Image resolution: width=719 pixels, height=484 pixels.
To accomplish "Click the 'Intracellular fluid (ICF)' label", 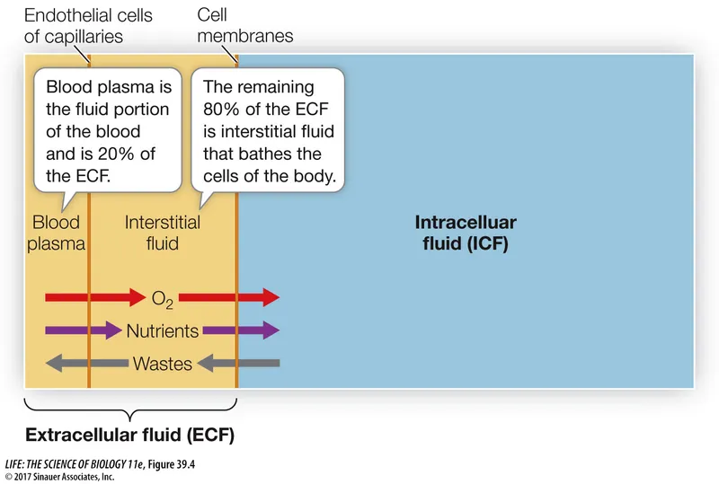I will point(466,233).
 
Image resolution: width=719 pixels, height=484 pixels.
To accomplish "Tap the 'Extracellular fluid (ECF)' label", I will point(130,436).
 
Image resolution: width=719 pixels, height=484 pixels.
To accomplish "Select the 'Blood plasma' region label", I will point(57,233).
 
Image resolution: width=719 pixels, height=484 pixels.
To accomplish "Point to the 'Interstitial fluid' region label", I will point(163,233).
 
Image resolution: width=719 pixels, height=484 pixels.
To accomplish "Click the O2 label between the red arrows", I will point(163,297).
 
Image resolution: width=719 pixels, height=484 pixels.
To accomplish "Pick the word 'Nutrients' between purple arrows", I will point(163,330).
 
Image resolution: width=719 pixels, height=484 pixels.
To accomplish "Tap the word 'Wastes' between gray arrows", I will point(163,364).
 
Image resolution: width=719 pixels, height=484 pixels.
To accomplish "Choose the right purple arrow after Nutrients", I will point(242,330).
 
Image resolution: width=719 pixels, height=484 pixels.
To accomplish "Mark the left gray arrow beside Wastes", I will point(85,364).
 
